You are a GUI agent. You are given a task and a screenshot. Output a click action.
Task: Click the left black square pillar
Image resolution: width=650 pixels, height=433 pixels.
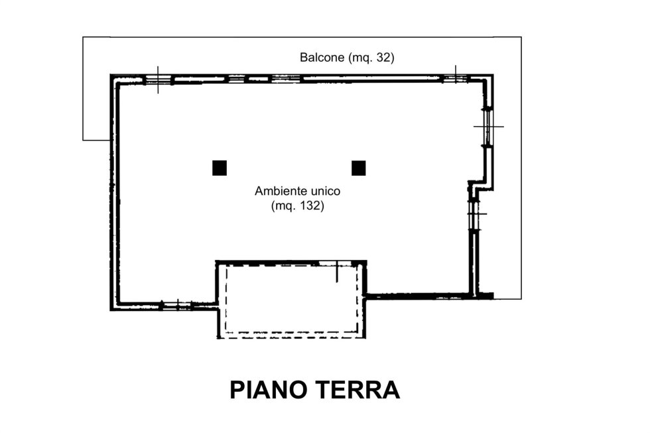220,168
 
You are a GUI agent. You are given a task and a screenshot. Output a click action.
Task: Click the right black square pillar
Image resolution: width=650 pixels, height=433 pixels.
359,168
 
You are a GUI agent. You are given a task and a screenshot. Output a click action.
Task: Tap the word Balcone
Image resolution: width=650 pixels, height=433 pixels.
322,58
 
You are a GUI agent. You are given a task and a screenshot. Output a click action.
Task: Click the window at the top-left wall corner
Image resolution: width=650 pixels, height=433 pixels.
158,80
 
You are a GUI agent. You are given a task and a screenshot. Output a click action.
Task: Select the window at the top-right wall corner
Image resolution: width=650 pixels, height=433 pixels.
455,79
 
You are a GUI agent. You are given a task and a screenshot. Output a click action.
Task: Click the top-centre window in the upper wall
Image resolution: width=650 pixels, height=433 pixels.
285,78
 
